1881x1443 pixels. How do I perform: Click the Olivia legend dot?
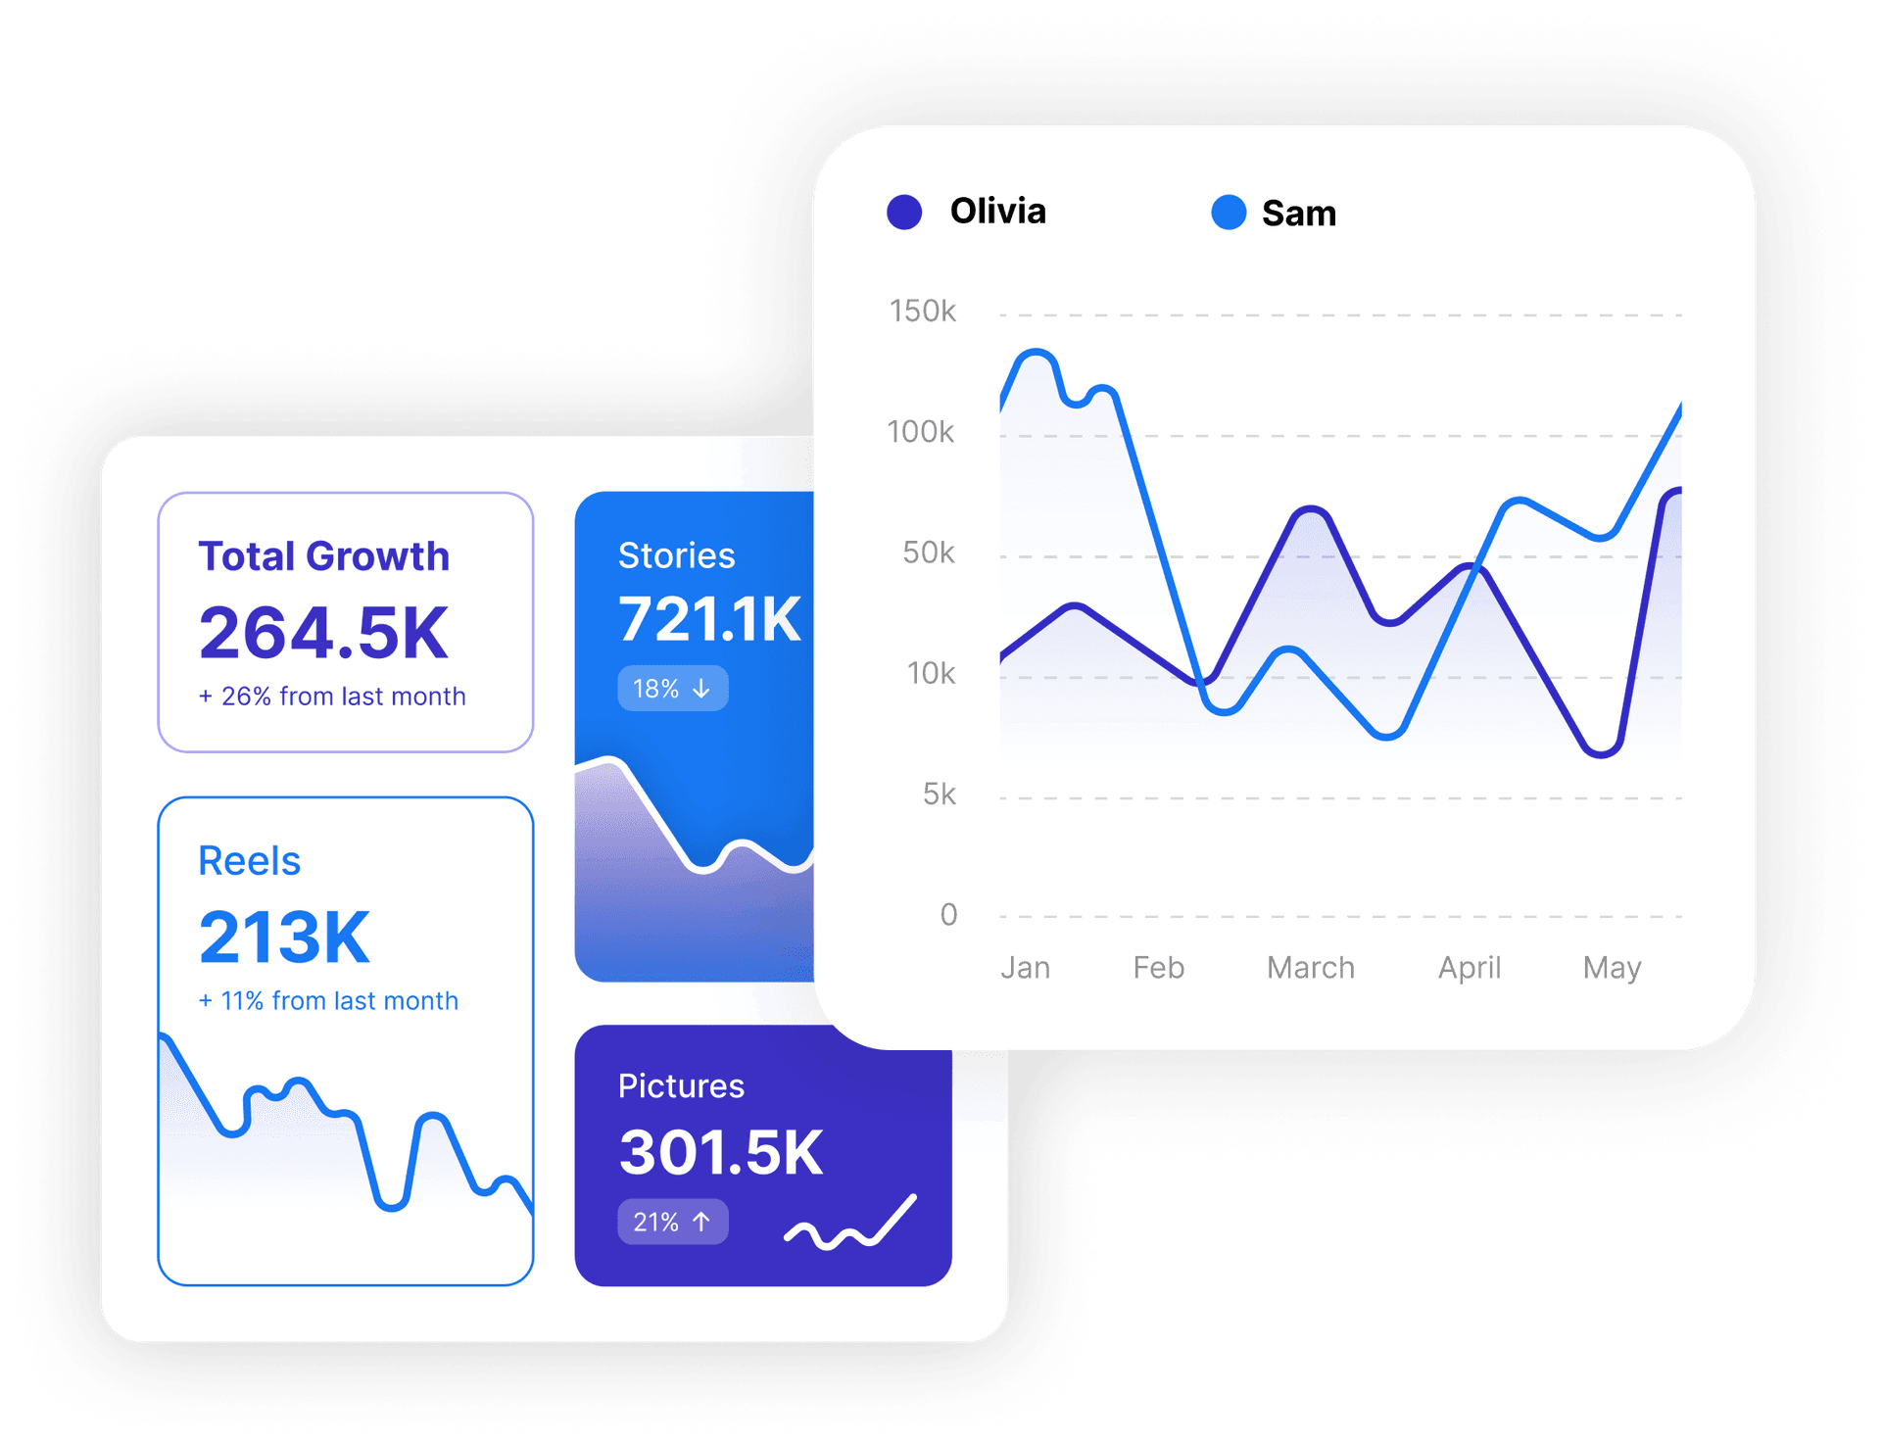903,213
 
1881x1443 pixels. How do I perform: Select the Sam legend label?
1298,214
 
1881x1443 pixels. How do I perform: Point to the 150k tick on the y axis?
922,312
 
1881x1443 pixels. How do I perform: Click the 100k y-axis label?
920,432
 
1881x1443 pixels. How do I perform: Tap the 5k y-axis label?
939,794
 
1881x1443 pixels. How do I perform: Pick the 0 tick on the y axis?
948,915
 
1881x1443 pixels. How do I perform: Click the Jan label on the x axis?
1025,968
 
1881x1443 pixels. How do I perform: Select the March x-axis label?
1310,968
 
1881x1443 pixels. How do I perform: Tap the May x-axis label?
1612,968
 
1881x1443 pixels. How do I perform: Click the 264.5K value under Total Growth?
323,633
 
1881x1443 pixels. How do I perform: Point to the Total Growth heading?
323,556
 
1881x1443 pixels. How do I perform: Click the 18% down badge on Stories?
672,689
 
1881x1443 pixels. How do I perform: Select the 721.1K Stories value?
709,619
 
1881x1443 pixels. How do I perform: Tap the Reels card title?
249,861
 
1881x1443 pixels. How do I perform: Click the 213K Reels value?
284,938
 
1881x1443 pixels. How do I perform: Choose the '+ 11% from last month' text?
328,1001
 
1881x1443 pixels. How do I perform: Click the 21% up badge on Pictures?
672,1223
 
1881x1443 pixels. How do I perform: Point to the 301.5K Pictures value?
721,1152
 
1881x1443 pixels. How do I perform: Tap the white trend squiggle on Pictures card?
850,1225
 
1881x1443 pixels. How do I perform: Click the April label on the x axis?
1469,968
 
